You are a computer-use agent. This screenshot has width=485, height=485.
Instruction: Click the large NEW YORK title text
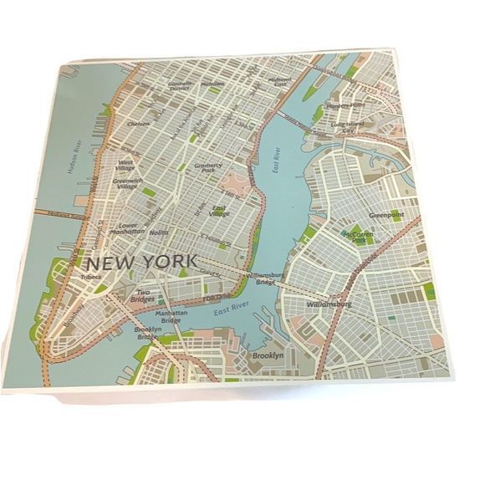143,261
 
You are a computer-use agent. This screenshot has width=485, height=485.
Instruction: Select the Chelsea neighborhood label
138,123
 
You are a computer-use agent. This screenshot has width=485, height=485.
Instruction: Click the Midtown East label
278,82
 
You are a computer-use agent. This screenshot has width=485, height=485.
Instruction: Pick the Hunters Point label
345,106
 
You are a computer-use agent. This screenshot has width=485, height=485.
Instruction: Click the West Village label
128,165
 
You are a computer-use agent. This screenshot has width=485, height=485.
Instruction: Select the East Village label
221,211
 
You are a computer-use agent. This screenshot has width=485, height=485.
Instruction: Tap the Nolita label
159,232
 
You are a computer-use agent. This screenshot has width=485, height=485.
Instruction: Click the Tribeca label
90,276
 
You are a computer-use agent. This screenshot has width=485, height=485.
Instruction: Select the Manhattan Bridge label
171,317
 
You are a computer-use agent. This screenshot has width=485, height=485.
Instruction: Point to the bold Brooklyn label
268,357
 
